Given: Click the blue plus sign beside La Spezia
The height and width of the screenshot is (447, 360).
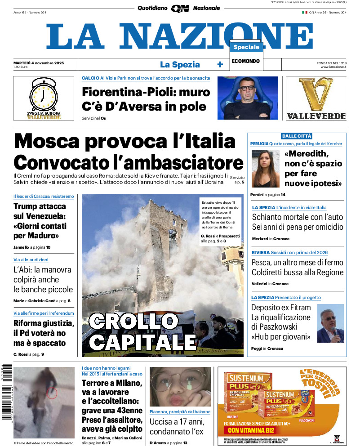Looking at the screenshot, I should [x=220, y=64].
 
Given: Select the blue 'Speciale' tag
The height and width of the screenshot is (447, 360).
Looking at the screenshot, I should [x=246, y=47].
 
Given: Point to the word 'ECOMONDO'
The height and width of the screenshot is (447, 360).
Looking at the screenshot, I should [x=246, y=61].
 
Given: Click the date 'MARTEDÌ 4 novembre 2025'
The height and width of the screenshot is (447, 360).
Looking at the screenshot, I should [x=39, y=63].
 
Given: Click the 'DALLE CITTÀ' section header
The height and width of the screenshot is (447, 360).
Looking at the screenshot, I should [x=297, y=136].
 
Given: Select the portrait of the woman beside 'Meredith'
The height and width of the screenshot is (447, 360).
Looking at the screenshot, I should [x=266, y=168].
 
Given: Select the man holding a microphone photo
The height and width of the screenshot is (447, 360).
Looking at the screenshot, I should [x=330, y=323].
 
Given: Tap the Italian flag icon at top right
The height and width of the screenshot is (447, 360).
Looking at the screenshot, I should [x=304, y=12].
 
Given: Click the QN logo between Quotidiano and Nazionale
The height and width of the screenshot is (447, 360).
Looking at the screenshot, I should [x=180, y=8].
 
